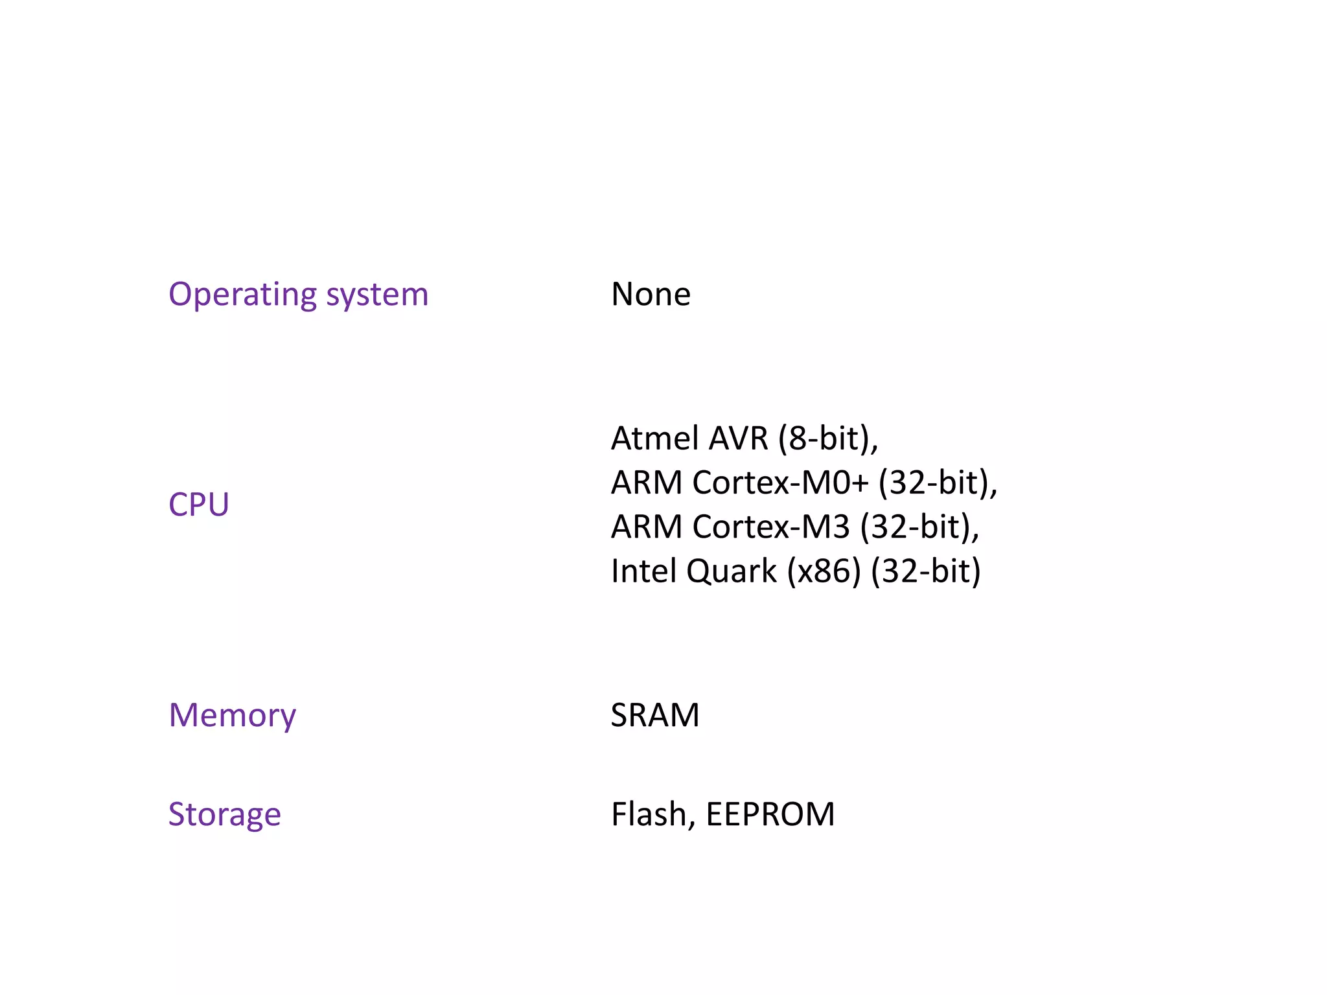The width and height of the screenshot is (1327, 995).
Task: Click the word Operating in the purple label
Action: (x=242, y=295)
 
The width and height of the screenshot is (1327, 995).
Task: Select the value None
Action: (x=651, y=295)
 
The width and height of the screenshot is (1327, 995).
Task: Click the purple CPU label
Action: (x=198, y=505)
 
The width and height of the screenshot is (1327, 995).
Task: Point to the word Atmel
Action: (x=655, y=439)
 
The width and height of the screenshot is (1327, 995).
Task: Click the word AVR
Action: (x=738, y=439)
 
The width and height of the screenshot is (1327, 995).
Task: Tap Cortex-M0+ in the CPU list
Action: (x=780, y=483)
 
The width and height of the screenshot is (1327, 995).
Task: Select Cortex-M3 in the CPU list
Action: (x=770, y=527)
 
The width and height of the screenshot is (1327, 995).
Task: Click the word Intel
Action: (x=643, y=571)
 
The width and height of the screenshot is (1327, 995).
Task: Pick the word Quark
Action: (x=731, y=571)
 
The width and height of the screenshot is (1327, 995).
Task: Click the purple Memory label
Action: (x=232, y=716)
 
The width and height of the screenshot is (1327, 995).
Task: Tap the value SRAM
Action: (x=654, y=716)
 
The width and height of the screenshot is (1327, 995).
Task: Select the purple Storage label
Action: (x=224, y=815)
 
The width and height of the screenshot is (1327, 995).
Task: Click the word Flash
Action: (x=651, y=815)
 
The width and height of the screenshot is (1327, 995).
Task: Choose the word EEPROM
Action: (x=770, y=815)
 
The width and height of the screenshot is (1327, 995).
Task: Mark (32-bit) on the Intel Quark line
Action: (x=925, y=571)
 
